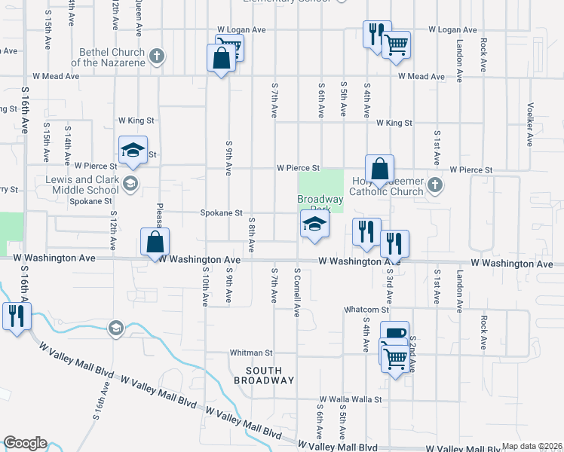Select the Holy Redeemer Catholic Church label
coord(388,186)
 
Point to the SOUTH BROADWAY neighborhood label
coord(263,375)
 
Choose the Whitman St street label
coord(251,353)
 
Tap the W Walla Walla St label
coord(351,399)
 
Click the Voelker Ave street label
coord(531,124)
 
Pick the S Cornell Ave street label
coord(298,292)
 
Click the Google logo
coord(25,443)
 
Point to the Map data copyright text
coord(532,446)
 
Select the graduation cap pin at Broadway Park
coord(314,224)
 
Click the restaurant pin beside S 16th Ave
coord(14,315)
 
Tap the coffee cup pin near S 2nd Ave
coord(394,334)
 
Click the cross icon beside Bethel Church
coord(157,56)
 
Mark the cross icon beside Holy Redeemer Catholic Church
coord(434,185)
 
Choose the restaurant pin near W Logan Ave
coord(375,34)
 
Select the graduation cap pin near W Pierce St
coord(133,149)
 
